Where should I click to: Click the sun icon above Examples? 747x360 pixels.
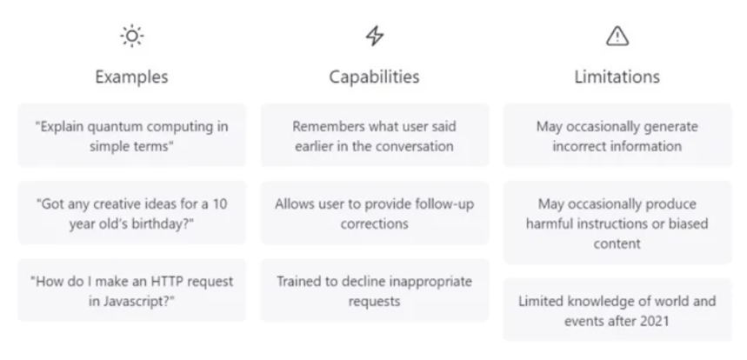(x=131, y=36)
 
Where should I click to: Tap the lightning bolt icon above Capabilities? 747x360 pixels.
(x=374, y=36)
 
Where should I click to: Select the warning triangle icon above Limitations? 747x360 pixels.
(x=617, y=36)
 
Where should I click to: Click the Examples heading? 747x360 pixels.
(x=131, y=77)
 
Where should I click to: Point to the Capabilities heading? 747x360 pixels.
(x=374, y=77)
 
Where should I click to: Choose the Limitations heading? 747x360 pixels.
(x=617, y=77)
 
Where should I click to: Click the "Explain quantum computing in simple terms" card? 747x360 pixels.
(x=131, y=136)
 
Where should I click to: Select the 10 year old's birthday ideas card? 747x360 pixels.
(x=131, y=213)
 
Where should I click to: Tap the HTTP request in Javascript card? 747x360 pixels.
(x=131, y=290)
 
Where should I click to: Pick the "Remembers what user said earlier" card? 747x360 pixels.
(x=374, y=136)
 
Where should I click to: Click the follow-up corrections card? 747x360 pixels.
(x=374, y=213)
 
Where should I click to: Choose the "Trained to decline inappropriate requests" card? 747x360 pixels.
(x=374, y=290)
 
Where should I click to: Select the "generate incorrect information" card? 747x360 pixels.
(x=617, y=136)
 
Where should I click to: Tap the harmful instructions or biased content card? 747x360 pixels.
(x=617, y=223)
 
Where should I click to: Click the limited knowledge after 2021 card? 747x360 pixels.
(x=617, y=310)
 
